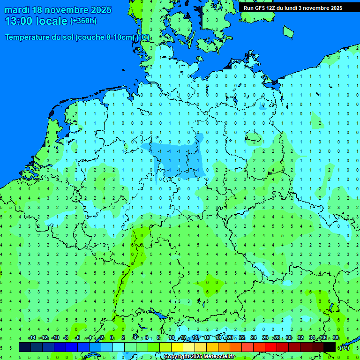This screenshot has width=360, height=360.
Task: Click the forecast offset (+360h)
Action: (x=83, y=21)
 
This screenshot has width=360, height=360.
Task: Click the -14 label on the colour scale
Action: (x=32, y=338)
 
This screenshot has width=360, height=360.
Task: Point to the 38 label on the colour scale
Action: (x=335, y=338)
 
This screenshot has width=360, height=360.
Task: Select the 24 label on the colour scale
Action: (x=254, y=338)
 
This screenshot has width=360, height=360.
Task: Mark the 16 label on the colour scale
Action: (x=207, y=338)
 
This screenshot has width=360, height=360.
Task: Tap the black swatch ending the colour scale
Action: (x=330, y=347)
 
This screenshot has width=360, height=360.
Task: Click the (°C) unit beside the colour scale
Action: (x=344, y=347)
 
